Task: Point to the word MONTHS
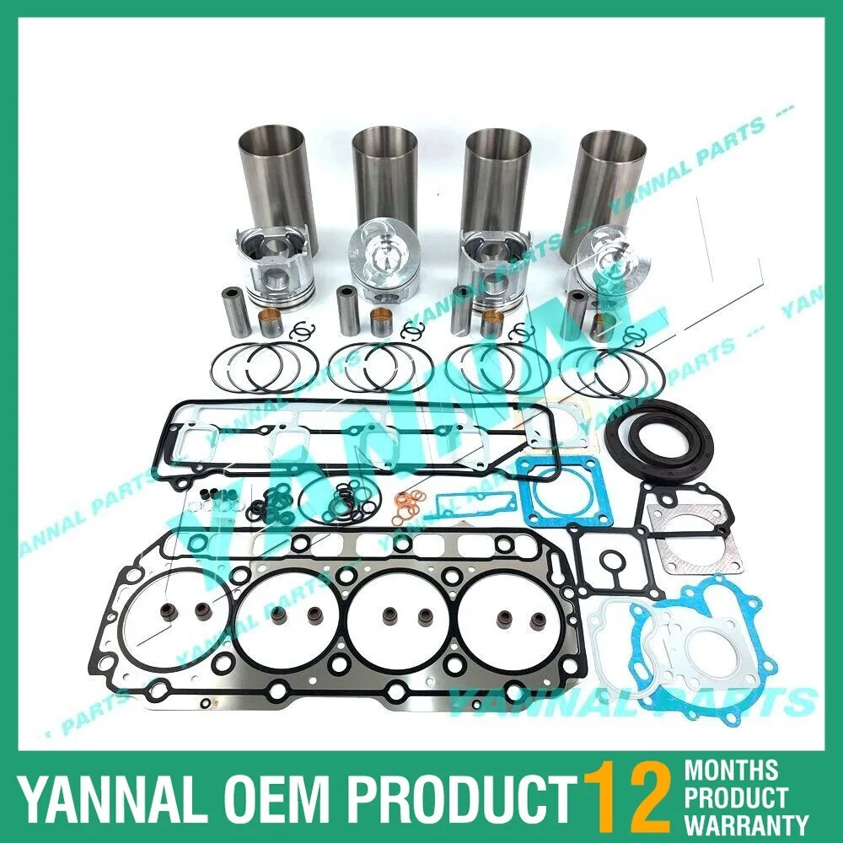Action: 732,769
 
